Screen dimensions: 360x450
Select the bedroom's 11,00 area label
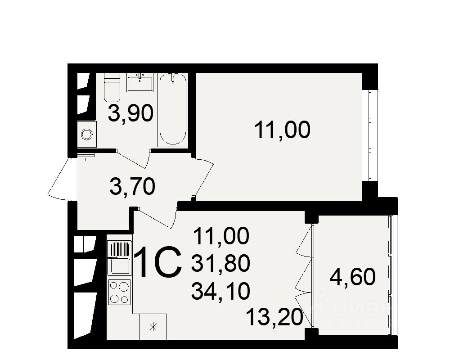282,130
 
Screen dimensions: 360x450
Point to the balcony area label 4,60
352,277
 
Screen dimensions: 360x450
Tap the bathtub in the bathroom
173,110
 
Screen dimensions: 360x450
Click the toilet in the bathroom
112,89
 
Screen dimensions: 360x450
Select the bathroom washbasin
140,83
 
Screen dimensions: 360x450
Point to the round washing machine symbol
87,133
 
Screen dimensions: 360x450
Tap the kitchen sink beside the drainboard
118,265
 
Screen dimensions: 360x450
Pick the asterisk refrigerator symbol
153,327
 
